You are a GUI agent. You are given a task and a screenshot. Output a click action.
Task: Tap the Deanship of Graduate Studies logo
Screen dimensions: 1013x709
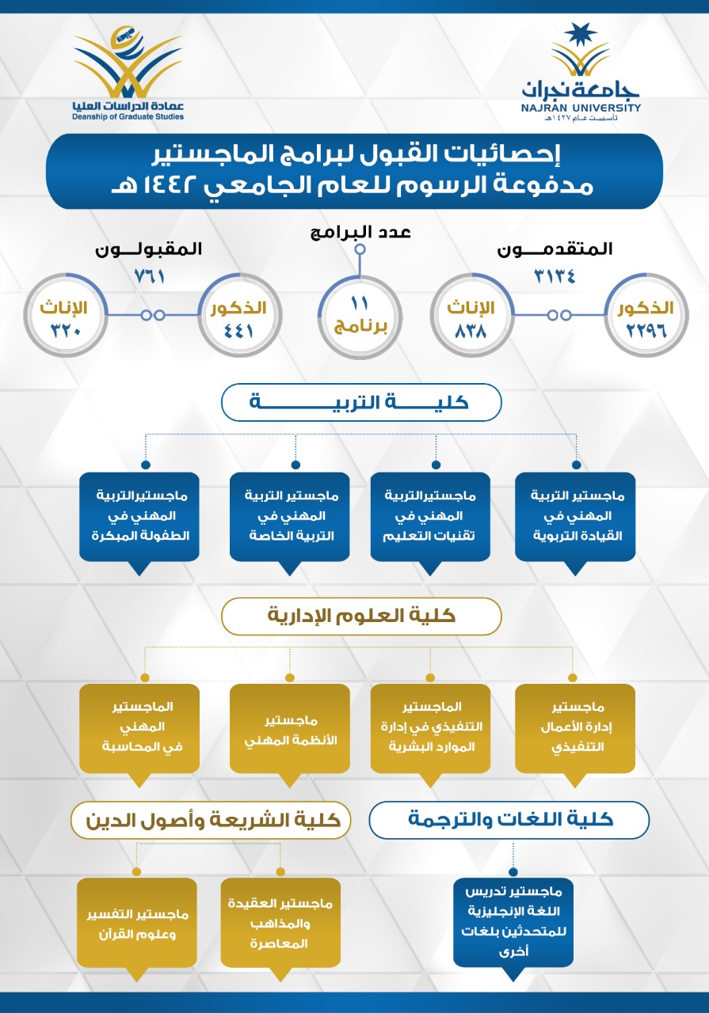click(127, 75)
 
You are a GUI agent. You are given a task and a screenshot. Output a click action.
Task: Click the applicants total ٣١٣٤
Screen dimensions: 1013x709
click(555, 275)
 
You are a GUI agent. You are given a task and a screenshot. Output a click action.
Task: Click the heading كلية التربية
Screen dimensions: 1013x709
click(360, 402)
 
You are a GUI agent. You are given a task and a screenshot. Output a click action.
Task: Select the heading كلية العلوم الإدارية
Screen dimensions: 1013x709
click(360, 616)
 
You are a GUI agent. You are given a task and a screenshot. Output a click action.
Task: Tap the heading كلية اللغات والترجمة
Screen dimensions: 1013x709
click(509, 820)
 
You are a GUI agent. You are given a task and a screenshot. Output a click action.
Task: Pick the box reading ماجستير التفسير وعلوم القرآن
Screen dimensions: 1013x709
click(136, 923)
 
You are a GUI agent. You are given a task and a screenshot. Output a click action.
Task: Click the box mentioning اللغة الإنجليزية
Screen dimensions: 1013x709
click(513, 923)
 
